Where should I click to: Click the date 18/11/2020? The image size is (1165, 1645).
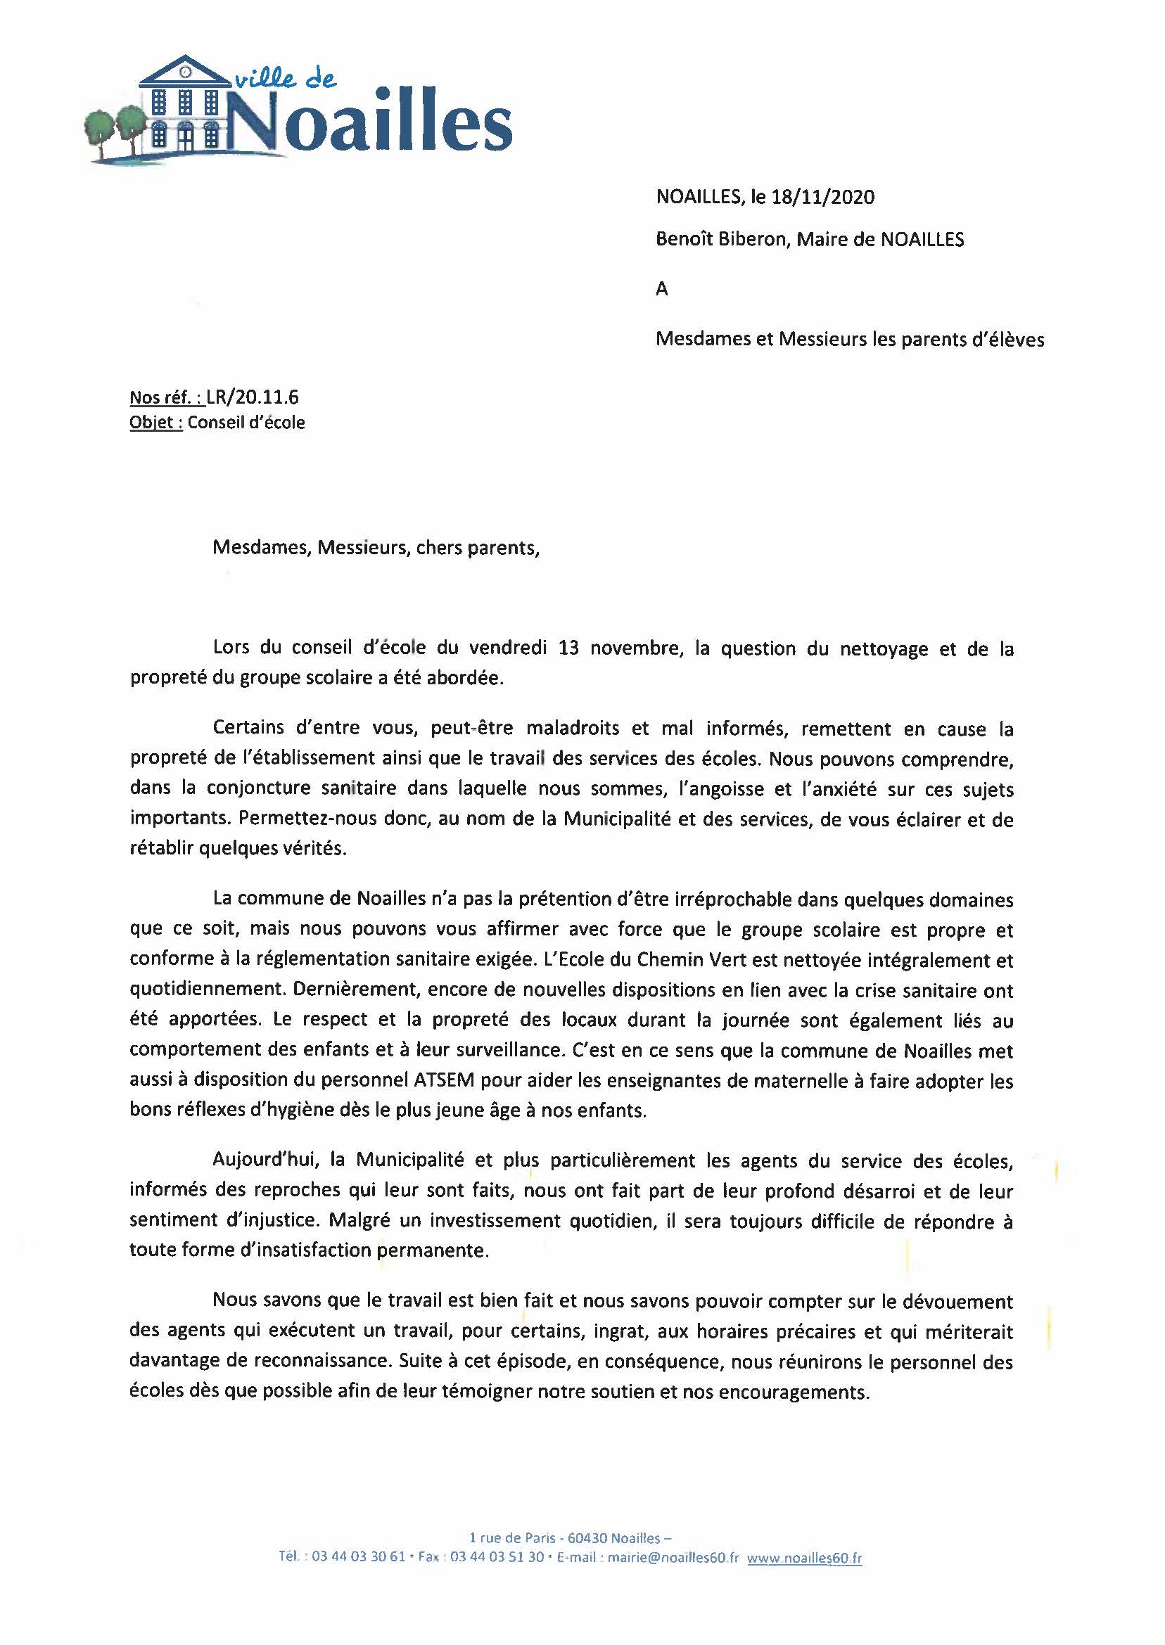click(823, 197)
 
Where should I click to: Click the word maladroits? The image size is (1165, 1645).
click(573, 729)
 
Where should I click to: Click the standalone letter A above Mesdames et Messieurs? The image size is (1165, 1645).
click(661, 289)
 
